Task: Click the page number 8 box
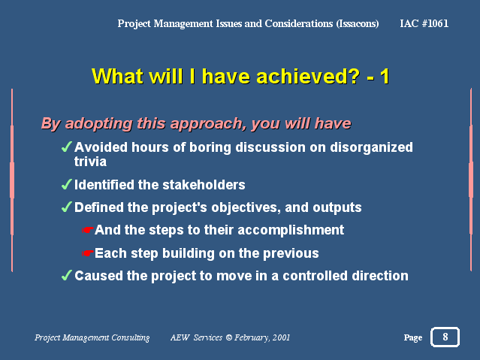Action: click(445, 337)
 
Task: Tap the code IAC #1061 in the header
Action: click(424, 23)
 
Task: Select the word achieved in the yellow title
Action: click(301, 76)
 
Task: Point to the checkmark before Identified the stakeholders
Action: click(66, 184)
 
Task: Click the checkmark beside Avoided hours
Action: click(66, 147)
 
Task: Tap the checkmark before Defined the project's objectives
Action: click(66, 207)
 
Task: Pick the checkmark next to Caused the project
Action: click(66, 275)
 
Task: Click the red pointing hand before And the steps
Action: click(87, 230)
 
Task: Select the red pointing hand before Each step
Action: click(87, 253)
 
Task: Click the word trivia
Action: click(90, 162)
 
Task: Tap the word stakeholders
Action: click(204, 185)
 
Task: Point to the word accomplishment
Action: click(291, 231)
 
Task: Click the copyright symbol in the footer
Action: click(228, 337)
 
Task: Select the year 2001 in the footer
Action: click(281, 337)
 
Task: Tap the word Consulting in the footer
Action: click(131, 337)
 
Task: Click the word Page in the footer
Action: click(413, 337)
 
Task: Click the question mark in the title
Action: click(353, 76)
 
